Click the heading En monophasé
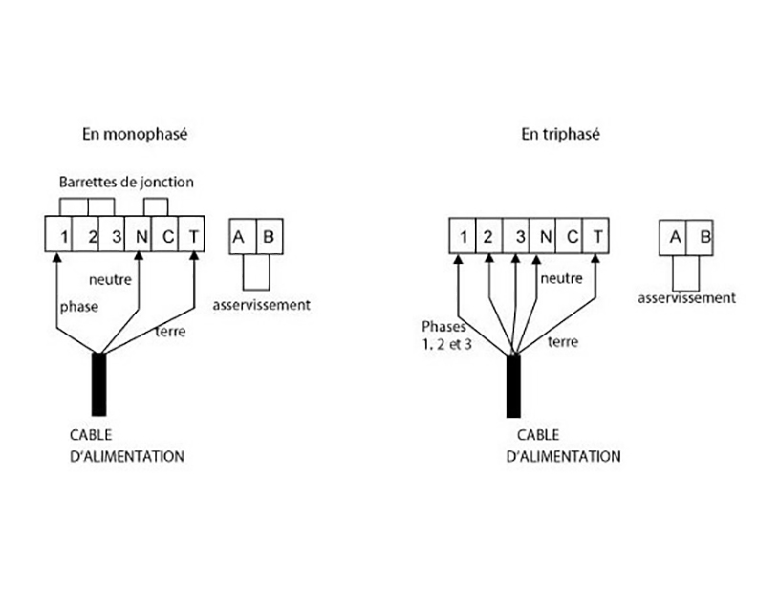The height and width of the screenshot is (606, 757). (x=134, y=135)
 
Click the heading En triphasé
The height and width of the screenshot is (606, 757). (x=560, y=135)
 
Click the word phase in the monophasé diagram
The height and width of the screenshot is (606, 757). (x=78, y=307)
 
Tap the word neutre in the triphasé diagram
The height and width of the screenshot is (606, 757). (x=560, y=278)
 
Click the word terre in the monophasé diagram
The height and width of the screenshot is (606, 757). (x=170, y=332)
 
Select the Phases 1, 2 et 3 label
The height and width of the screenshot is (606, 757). (x=447, y=334)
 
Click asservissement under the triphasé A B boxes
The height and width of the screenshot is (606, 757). (x=686, y=298)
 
